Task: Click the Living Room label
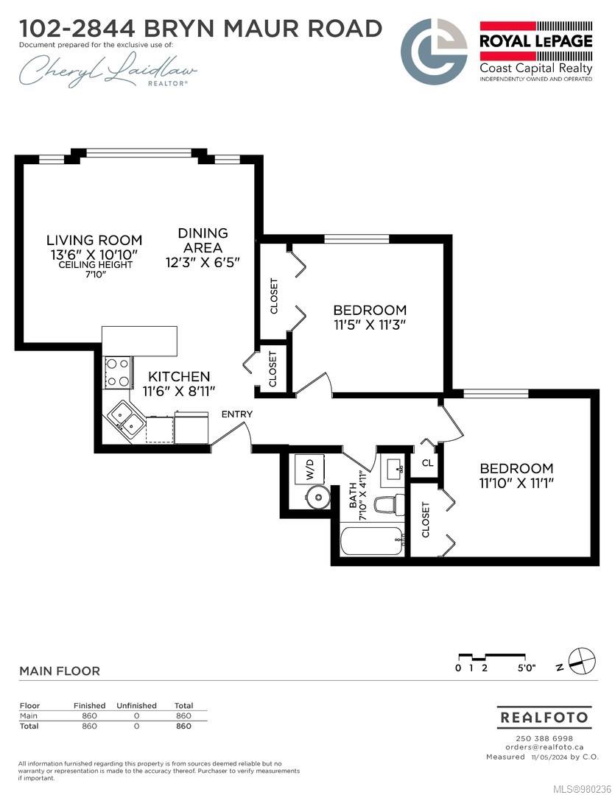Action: tap(94, 240)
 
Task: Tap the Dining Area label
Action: tap(203, 240)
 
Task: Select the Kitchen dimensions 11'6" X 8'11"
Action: tap(179, 391)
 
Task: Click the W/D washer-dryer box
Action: tap(310, 468)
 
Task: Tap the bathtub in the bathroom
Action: tap(372, 542)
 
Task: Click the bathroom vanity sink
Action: tap(393, 469)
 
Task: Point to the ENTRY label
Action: tap(237, 414)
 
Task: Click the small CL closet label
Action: tap(428, 462)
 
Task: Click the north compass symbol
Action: tap(582, 661)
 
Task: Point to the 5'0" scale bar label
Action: tap(527, 668)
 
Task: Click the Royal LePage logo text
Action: tap(536, 40)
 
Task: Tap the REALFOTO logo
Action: tap(544, 718)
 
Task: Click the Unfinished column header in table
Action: tap(136, 705)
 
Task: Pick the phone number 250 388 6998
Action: tap(544, 738)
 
